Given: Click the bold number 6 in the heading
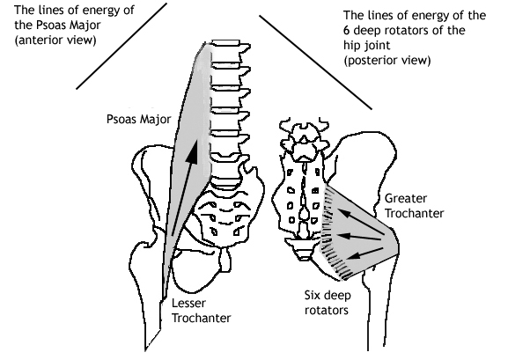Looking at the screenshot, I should (x=346, y=29).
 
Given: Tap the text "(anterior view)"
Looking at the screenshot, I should (x=45, y=40).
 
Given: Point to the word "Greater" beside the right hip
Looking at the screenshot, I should (x=406, y=196).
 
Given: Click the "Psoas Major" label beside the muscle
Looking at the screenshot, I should (x=129, y=118).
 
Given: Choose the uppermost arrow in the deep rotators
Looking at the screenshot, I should (x=357, y=216).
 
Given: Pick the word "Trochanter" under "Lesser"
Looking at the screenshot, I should (x=202, y=319).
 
